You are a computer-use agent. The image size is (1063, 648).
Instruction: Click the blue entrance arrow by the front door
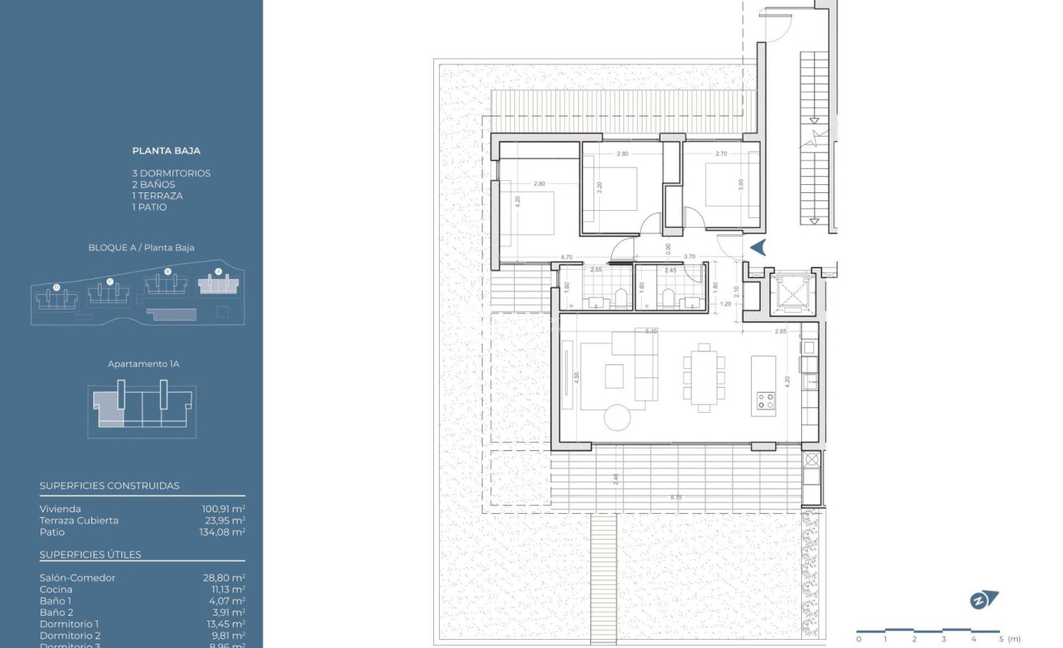pos(758,248)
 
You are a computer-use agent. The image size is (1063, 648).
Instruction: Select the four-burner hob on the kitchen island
pos(764,400)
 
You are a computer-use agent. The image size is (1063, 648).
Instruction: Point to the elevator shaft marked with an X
pos(788,292)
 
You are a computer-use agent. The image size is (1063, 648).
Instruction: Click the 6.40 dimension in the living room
pos(651,331)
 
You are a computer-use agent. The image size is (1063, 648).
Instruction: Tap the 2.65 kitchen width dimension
pos(780,331)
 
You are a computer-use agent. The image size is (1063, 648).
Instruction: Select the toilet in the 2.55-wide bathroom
pos(621,298)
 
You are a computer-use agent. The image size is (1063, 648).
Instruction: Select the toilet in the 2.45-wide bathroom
pos(669,299)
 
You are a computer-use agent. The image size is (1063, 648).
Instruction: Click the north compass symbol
pos(983,600)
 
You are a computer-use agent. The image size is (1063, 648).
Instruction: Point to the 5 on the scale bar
pos(1000,639)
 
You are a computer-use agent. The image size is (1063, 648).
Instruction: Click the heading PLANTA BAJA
pos(167,150)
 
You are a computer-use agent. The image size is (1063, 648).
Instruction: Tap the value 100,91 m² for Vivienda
pos(223,509)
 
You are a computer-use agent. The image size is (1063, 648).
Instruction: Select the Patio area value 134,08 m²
pos(223,532)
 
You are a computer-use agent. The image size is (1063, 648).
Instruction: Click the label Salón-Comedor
pos(78,578)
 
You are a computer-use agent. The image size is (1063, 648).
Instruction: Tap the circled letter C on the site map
pos(110,281)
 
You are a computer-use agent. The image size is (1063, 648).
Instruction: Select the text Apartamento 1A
pos(143,364)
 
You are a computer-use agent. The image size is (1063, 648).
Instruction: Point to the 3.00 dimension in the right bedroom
pos(740,184)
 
